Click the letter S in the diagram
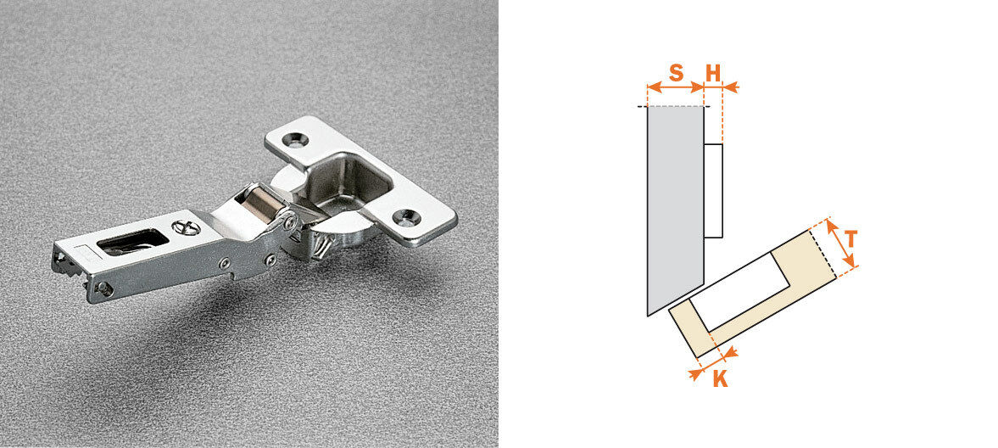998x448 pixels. tap(676, 73)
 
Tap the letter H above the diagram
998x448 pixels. tap(713, 73)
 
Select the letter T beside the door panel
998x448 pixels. tap(850, 239)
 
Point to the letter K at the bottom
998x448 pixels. tap(720, 378)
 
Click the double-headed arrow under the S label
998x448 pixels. tap(675, 87)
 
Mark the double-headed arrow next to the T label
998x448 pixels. tap(841, 244)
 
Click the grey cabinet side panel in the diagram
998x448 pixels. tap(675, 204)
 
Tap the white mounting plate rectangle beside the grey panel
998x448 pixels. tap(713, 191)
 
